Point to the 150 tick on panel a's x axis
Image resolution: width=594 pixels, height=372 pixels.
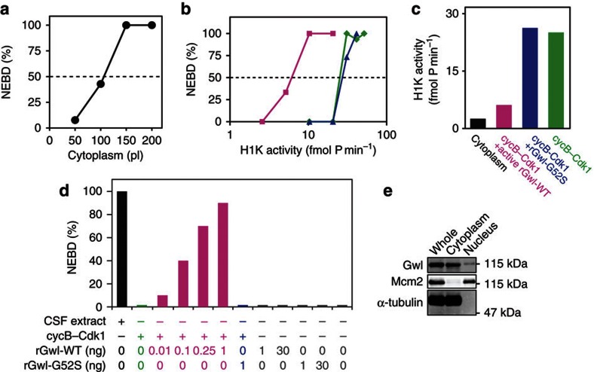tap(126, 141)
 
